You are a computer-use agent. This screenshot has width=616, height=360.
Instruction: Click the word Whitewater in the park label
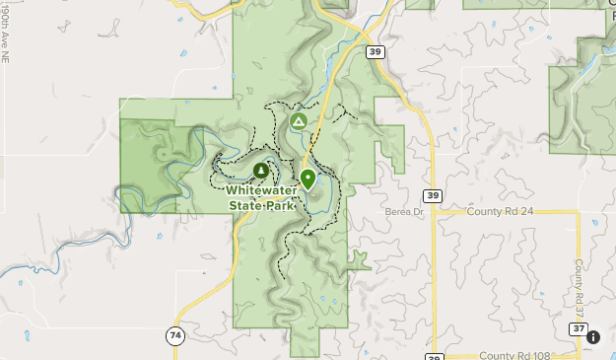coord(263,190)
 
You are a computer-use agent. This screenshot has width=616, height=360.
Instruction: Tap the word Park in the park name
coord(281,205)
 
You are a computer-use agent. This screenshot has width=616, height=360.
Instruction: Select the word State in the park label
coord(246,205)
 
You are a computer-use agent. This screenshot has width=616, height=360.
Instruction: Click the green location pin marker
coord(308,180)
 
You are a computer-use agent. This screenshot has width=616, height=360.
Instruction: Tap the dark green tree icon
coord(260,171)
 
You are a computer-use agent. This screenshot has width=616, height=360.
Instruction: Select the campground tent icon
coord(298,121)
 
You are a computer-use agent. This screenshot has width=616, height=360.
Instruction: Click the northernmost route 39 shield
coord(375,51)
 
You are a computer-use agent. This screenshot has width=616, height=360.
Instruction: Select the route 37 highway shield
coord(578,328)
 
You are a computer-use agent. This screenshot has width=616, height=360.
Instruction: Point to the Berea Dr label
coord(404,212)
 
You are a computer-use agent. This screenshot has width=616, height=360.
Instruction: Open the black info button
coord(593,337)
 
